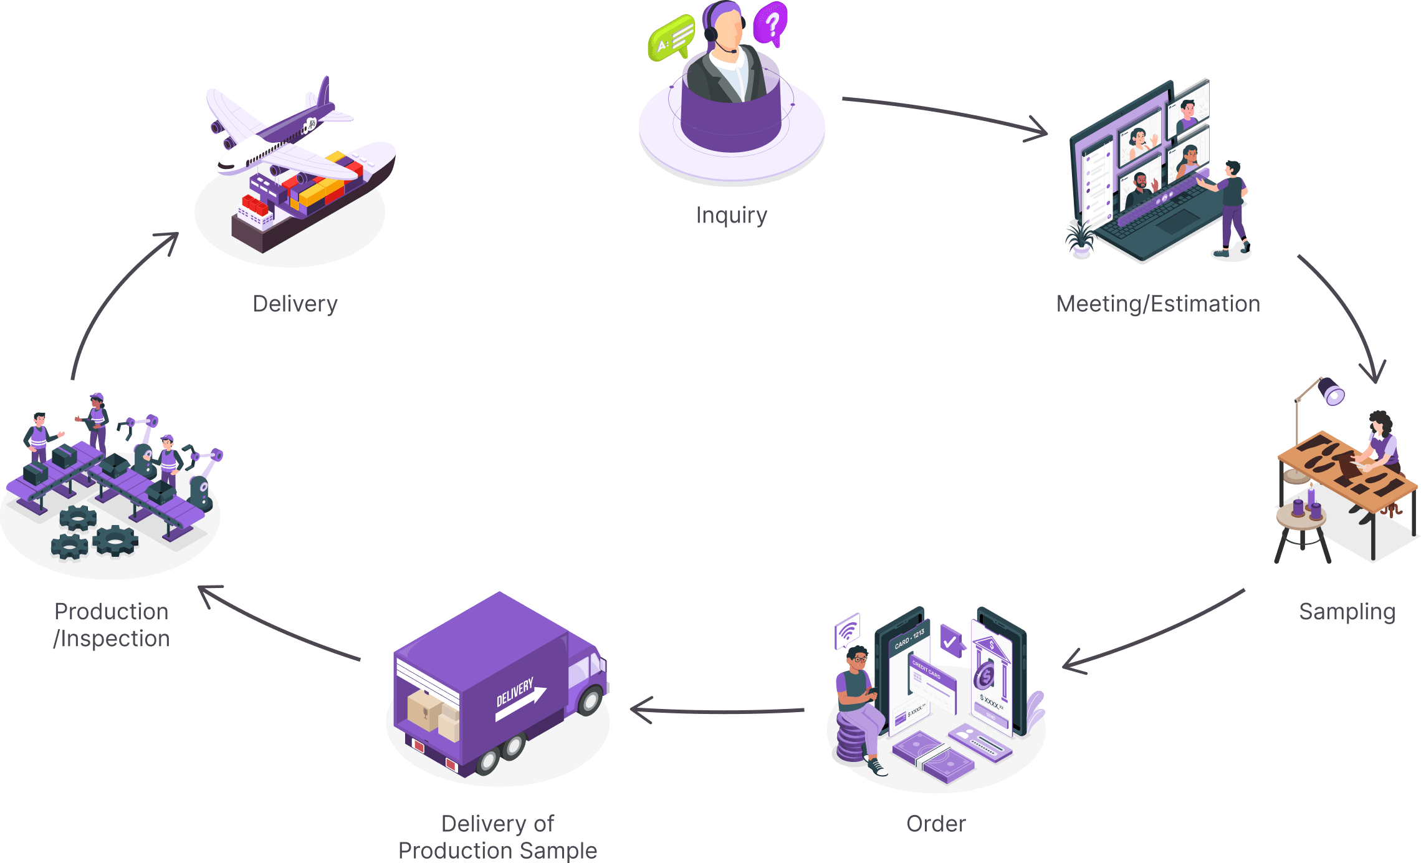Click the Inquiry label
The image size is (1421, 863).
731,216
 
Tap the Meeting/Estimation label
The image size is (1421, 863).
1158,304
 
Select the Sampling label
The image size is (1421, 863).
1347,612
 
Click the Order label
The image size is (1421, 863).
935,824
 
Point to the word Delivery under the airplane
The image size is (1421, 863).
295,304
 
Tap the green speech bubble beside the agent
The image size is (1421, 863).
672,37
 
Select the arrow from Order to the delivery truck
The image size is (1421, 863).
717,710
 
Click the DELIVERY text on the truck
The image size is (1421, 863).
515,692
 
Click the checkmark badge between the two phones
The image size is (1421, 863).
950,640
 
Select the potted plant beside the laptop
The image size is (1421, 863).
1081,241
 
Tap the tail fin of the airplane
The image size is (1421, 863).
323,94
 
